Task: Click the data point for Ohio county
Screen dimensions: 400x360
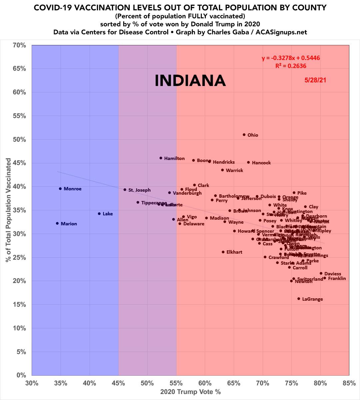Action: pos(244,135)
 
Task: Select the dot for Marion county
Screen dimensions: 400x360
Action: pos(57,223)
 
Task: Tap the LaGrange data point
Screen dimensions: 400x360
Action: pos(299,299)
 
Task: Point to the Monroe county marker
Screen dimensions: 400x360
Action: pos(60,189)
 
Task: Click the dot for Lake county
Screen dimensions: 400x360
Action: pos(99,214)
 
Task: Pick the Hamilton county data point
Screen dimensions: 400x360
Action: pos(161,158)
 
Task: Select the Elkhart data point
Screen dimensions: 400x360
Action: pos(223,252)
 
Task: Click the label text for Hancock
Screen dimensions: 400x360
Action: pos(261,163)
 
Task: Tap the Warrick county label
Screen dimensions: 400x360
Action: pos(234,171)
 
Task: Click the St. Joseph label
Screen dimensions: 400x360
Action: pos(140,190)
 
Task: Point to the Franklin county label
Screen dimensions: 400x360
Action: pos(337,279)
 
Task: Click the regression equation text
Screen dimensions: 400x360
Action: pos(291,58)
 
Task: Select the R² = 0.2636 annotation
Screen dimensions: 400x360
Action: pos(291,66)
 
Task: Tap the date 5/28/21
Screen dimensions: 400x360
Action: pos(315,80)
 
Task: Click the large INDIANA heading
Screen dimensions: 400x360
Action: pos(190,81)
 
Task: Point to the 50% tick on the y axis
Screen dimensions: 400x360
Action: pos(19,139)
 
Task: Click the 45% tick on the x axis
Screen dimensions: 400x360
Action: pos(118,383)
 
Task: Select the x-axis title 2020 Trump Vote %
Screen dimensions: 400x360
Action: pos(190,392)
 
